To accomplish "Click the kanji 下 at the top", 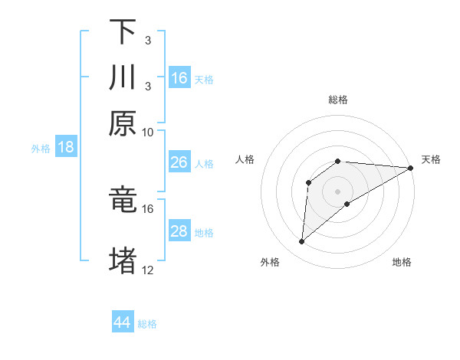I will (x=123, y=31).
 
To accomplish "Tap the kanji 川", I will (x=123, y=78).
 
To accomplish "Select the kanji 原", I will (x=123, y=123).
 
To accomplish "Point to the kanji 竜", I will (x=123, y=200).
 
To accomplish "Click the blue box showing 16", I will (x=179, y=78).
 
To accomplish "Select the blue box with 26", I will (x=179, y=162).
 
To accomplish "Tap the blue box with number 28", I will (x=179, y=231).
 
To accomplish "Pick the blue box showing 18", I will (x=66, y=148).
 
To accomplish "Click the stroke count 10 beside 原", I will (x=148, y=132).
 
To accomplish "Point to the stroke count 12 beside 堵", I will (x=148, y=270).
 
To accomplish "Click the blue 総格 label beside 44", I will (x=147, y=324).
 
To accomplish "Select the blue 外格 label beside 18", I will (x=41, y=149).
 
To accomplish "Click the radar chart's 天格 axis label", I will (x=431, y=159).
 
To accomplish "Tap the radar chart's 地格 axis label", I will (x=402, y=262).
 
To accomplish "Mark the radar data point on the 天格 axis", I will (x=411, y=168).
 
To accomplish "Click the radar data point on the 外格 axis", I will (x=302, y=242).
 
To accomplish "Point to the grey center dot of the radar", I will (x=337, y=191).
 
